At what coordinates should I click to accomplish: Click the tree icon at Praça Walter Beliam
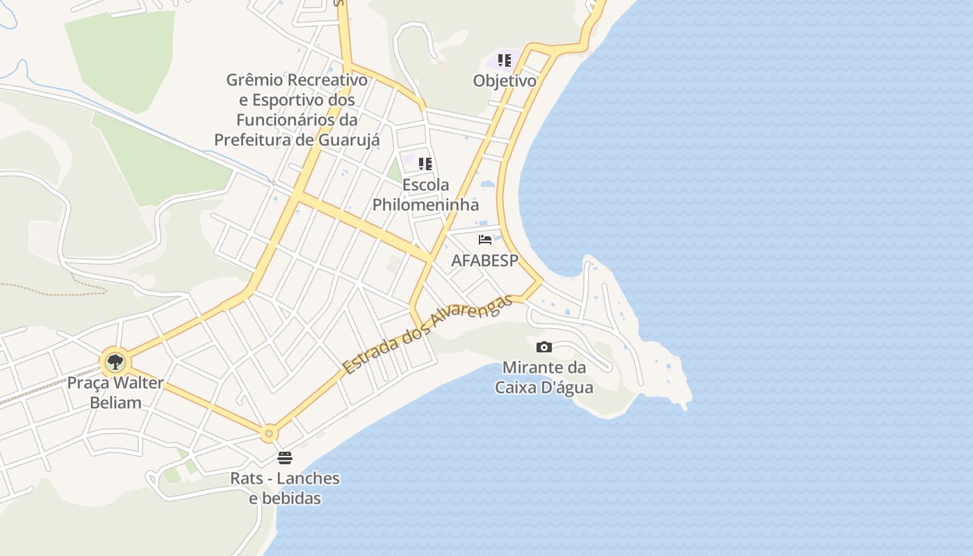(115, 361)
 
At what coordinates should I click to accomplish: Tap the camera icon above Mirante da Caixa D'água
(544, 347)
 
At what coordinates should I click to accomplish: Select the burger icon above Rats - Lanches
(284, 457)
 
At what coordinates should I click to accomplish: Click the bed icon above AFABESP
(485, 240)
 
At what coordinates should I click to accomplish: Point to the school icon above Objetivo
(505, 60)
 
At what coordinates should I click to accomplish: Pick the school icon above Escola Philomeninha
(425, 165)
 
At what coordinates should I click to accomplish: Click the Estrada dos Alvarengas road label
(427, 334)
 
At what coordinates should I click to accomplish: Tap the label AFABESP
(485, 261)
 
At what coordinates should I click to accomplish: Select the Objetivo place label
(505, 81)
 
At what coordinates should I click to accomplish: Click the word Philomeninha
(425, 204)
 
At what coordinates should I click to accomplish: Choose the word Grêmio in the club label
(254, 80)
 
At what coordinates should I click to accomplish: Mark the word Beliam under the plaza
(115, 402)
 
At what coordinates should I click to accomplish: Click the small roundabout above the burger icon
(269, 433)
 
